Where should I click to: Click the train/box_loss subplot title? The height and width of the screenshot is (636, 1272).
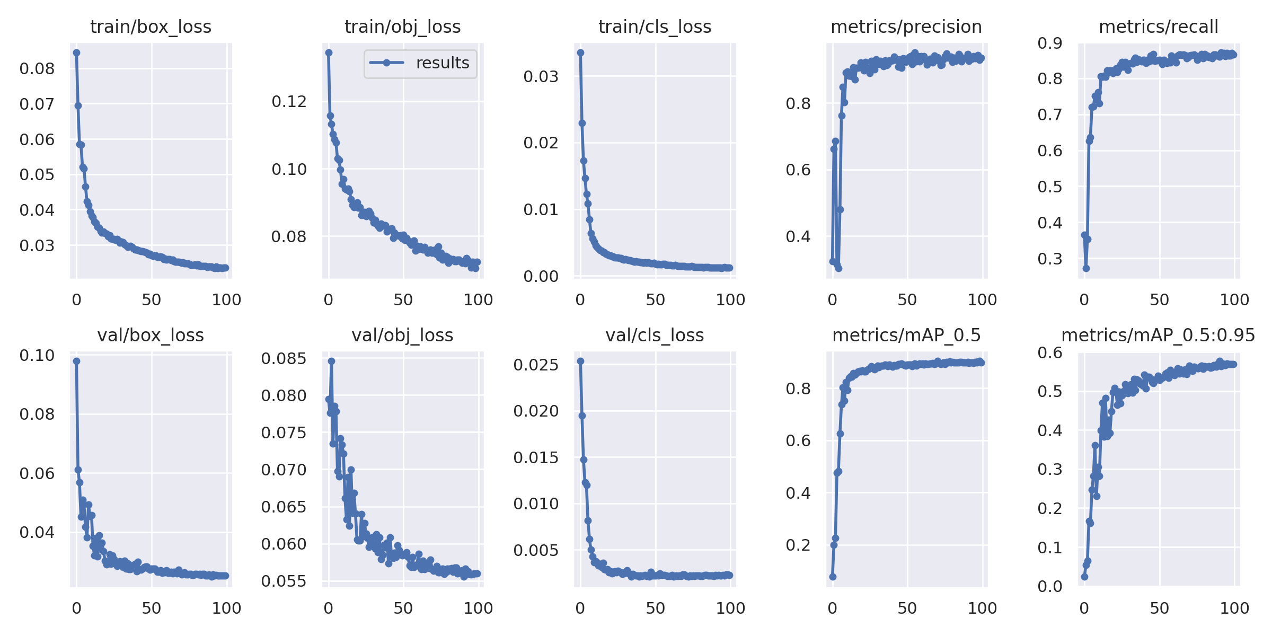tap(151, 26)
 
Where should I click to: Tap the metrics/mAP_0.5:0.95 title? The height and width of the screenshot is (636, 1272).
tap(1158, 335)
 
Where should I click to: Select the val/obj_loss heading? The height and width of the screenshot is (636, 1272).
tap(402, 335)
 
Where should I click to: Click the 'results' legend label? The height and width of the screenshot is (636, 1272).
tap(443, 63)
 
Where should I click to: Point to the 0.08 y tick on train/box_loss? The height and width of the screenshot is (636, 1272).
tap(37, 68)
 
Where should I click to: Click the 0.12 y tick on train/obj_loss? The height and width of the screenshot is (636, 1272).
tap(289, 101)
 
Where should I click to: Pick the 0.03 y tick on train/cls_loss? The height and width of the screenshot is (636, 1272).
tap(541, 76)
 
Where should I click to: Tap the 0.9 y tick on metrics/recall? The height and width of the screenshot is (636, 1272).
tap(1050, 43)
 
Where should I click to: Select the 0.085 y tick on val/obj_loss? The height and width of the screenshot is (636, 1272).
tap(284, 358)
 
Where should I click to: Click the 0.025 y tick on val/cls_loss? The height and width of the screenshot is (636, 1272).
tap(536, 365)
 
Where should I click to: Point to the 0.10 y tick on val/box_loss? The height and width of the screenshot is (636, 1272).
tap(37, 355)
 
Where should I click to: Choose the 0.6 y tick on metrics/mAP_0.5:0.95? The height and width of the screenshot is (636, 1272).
tap(1050, 352)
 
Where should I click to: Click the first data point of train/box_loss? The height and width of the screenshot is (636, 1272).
tap(76, 52)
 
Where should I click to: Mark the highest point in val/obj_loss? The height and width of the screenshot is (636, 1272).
tap(331, 361)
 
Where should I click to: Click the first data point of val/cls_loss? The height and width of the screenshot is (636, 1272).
tap(580, 361)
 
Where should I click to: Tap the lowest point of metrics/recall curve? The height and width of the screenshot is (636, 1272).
tap(1086, 268)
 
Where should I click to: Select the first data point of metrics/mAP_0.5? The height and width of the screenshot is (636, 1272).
tap(833, 577)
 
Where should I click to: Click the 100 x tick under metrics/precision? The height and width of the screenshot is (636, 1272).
tap(982, 300)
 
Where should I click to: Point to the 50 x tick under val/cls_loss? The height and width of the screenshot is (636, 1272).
tap(655, 608)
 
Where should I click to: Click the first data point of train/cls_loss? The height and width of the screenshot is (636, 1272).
tap(580, 52)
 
